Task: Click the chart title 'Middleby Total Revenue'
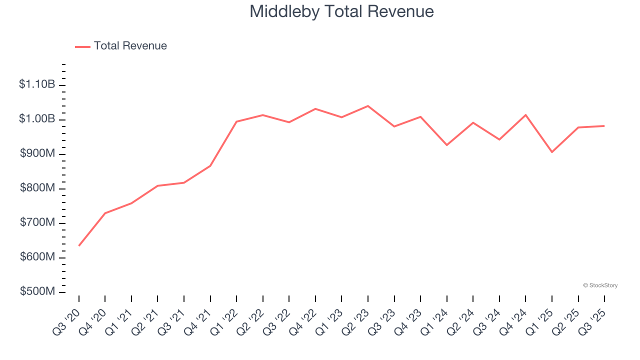(341, 11)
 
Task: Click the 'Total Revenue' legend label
(130, 46)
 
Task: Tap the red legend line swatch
(82, 46)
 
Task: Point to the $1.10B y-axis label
(37, 84)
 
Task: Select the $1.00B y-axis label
(37, 119)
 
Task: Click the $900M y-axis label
(37, 153)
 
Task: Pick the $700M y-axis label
(37, 222)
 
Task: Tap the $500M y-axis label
(37, 291)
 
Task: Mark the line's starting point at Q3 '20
(79, 245)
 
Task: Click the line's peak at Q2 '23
(368, 106)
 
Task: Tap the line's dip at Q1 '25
(552, 152)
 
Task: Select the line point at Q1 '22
(236, 121)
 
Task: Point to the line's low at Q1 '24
(447, 145)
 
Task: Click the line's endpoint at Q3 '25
(604, 126)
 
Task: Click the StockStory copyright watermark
(600, 285)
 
